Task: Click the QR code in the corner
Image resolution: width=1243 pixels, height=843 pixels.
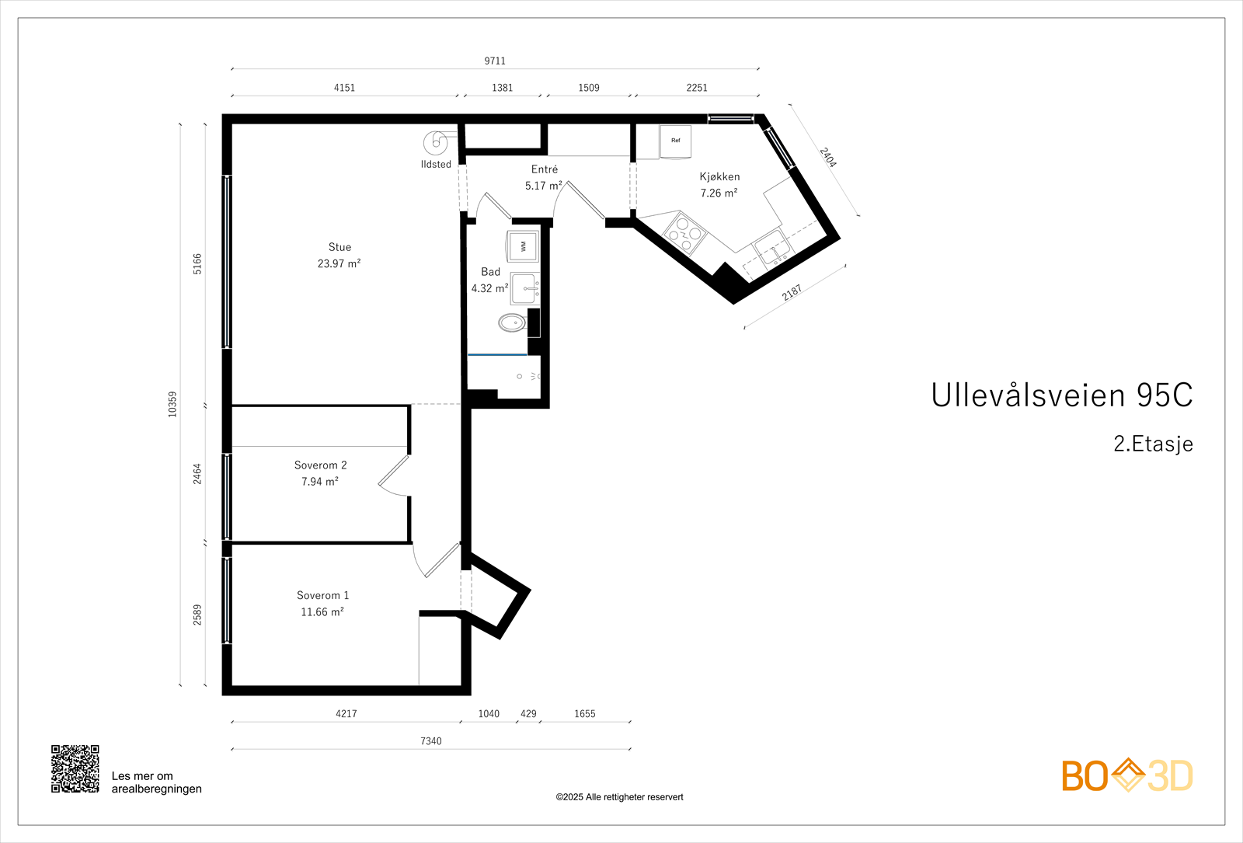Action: [75, 768]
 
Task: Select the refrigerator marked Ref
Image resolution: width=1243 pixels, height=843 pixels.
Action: [675, 141]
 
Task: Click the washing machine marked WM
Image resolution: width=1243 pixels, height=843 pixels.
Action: [523, 246]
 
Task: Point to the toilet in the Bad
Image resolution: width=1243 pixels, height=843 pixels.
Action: [512, 322]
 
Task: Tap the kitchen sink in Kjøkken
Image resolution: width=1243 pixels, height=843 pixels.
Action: [772, 249]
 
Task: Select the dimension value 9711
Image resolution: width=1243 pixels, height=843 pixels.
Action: [495, 61]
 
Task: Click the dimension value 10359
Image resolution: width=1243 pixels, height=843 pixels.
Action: [172, 404]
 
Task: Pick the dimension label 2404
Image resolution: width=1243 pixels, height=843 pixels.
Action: [828, 158]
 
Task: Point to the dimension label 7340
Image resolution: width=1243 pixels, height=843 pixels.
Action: [430, 741]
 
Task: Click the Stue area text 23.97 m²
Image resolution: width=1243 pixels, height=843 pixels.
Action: [339, 264]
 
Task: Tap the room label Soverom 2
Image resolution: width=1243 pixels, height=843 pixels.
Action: [320, 465]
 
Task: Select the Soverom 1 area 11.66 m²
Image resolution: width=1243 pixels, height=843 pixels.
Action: [322, 612]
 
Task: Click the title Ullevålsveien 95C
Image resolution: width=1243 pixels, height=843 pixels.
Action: [1061, 395]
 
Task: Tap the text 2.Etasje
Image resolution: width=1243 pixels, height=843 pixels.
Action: [1153, 444]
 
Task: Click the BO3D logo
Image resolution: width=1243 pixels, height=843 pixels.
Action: [1126, 775]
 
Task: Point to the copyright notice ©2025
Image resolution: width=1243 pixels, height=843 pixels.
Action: [619, 797]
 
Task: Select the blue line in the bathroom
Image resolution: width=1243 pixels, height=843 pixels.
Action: [497, 355]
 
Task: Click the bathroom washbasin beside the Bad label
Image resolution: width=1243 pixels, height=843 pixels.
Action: [524, 288]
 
